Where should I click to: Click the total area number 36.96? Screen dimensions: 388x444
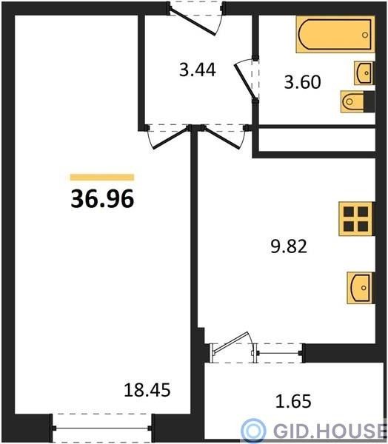pos(102,199)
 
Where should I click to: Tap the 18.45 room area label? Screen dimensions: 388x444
pos(147,390)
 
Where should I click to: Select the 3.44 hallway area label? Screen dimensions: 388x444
pos(198,70)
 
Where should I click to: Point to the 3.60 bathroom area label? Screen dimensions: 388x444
pos(302,82)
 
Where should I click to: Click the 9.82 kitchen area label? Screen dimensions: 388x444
pos(289,246)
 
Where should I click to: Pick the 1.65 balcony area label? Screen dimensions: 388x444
pos(293,401)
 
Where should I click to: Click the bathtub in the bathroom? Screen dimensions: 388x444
pos(335,35)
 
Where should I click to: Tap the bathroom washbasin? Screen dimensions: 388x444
pos(364,73)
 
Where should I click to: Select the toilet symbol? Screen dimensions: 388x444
pos(358,101)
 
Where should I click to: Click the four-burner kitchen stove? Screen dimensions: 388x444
pos(357,219)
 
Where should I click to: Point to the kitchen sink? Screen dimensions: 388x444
pos(361,288)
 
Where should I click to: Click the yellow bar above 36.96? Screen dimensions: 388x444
pos(102,178)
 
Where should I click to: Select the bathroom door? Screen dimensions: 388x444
pos(245,81)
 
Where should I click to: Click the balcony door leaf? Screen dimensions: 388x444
pos(230,343)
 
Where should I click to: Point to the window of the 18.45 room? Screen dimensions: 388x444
pos(102,428)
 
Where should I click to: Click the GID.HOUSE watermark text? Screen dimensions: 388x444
pos(329,431)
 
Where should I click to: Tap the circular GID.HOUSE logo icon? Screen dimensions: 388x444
pos(253,431)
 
